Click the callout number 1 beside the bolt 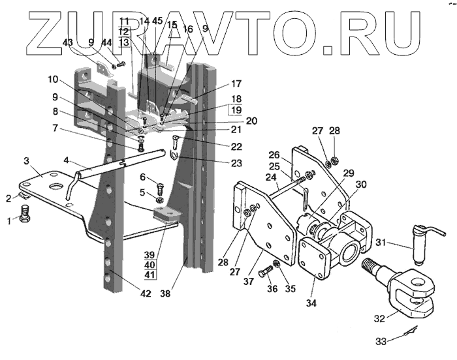coord(9,221)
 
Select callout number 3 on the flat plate coord(27,160)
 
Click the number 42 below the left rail coord(145,293)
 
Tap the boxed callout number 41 coord(150,275)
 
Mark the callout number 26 coord(274,155)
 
